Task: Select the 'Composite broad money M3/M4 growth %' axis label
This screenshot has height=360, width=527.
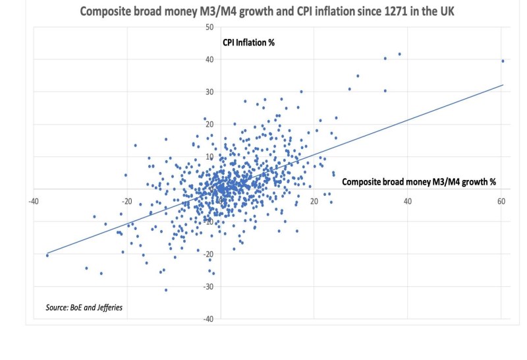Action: (x=420, y=182)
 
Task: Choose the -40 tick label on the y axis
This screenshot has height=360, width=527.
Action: (x=209, y=319)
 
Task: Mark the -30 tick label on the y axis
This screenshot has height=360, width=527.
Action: (x=209, y=287)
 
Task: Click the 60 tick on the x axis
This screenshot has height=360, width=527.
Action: (x=501, y=201)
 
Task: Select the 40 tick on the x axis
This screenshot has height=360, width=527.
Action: (x=408, y=201)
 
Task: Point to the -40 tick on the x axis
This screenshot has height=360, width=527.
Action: (x=31, y=201)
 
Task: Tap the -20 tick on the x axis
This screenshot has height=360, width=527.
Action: (x=125, y=201)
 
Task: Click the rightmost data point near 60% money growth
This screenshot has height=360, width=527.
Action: (x=503, y=61)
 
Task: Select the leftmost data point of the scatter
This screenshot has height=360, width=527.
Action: (x=47, y=255)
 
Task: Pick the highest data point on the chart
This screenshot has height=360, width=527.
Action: (x=400, y=54)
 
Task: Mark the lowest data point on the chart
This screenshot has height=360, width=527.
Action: (x=166, y=289)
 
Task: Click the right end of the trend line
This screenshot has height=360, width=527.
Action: (x=503, y=85)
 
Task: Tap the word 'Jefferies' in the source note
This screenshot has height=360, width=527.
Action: (x=108, y=308)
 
